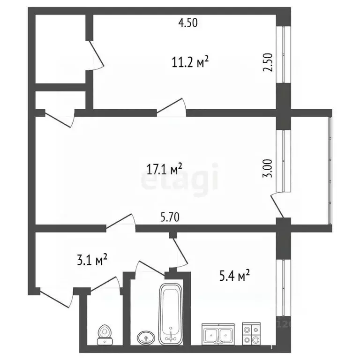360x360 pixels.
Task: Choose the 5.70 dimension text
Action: pos(169,217)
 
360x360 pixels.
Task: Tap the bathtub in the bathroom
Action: pos(170,313)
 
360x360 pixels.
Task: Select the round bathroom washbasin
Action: pos(146,337)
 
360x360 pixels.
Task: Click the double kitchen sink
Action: pos(218,334)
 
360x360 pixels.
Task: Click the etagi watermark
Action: pos(180,178)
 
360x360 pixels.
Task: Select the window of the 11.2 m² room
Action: pos(283,54)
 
